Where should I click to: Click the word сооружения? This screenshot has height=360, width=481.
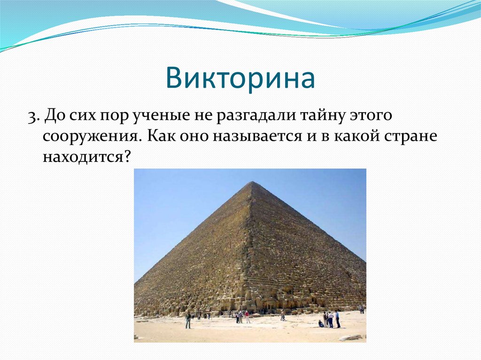click(x=90, y=136)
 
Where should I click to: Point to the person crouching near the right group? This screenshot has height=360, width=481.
click(x=321, y=324)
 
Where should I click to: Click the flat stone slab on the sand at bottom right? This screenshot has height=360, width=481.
click(x=350, y=337)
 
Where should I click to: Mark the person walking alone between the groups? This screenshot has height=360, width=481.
click(x=283, y=315)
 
